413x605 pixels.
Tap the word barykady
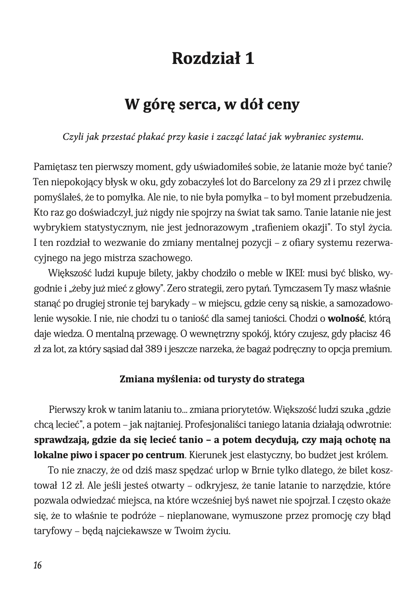pos(173,304)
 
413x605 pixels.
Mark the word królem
pos(371,455)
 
